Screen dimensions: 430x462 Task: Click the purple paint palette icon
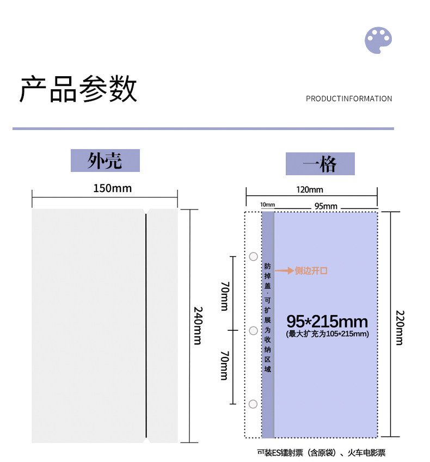pos(378,40)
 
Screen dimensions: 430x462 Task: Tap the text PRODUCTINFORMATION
pos(349,98)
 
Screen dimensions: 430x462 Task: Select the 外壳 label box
pos(105,161)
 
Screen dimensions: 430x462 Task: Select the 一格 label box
pos(320,163)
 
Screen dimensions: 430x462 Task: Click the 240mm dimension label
pos(197,325)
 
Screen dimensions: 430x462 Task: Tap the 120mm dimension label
pos(310,189)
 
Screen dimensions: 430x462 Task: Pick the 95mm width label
pos(326,206)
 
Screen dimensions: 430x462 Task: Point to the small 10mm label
pos(268,205)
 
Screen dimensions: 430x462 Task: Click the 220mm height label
pos(400,327)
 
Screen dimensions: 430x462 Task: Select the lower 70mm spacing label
pos(224,366)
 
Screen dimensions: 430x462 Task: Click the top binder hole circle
pos(253,256)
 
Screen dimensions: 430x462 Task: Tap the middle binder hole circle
pos(253,330)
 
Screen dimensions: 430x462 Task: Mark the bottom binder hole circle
pos(253,404)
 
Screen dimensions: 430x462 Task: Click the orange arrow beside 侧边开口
pos(284,270)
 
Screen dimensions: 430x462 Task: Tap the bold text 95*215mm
pos(327,321)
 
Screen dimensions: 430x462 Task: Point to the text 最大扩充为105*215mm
pos(327,334)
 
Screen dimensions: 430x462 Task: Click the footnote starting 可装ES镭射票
pos(321,452)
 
